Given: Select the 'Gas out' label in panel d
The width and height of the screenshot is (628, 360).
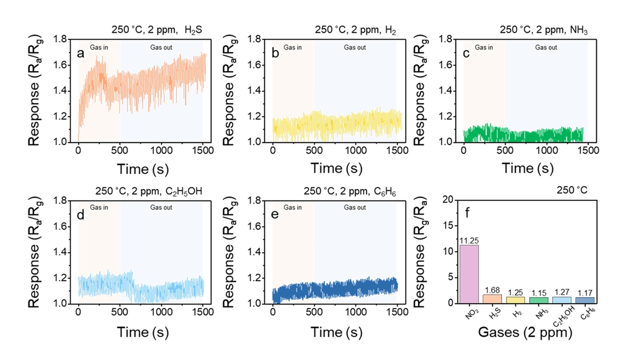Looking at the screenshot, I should (x=161, y=208).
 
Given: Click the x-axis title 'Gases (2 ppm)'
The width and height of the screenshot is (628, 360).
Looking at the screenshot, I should (x=524, y=334).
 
